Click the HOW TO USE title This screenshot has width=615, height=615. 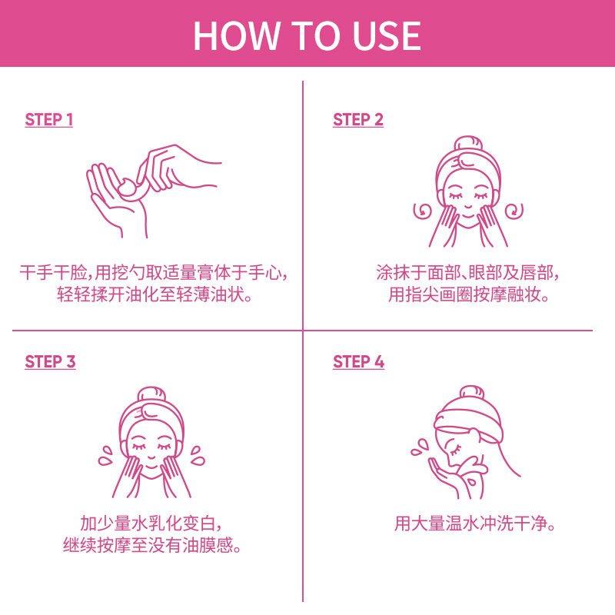307,35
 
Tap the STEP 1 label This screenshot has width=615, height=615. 49,120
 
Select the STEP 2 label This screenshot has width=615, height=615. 358,120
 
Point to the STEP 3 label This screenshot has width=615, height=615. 50,361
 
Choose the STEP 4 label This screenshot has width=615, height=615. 358,361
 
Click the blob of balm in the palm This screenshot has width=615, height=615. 127,187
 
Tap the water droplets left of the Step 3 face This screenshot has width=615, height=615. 106,455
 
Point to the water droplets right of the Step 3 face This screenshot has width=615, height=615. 198,455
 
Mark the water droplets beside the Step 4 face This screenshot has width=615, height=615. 419,447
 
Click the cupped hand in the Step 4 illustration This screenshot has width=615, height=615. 447,477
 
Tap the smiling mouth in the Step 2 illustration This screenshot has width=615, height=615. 468,206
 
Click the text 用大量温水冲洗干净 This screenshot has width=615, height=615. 474,524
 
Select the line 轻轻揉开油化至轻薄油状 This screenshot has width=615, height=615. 155,294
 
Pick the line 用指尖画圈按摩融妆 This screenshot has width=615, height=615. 469,294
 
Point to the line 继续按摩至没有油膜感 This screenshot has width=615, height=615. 152,545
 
